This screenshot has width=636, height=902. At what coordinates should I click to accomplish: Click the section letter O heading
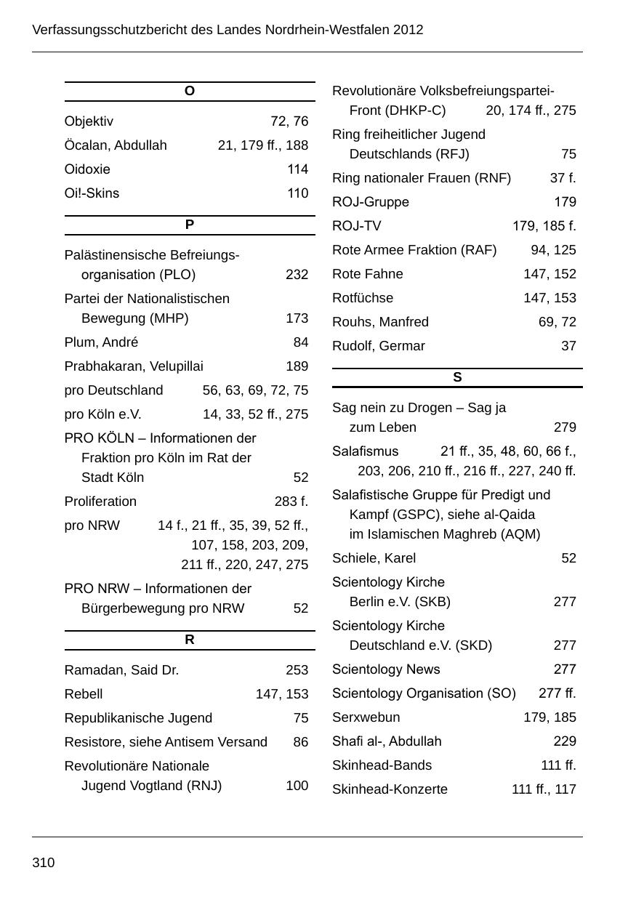pos(190,91)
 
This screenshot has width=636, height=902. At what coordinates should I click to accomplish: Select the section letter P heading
pos(190,225)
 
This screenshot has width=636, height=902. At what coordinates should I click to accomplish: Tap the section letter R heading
pos(190,640)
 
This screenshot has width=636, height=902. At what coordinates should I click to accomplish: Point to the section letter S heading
pos(457,377)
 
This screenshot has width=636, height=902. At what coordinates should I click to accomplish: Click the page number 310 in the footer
pos(44,863)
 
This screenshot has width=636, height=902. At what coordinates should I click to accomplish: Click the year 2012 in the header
pos(408,30)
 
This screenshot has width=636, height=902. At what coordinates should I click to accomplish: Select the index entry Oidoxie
pos(87,169)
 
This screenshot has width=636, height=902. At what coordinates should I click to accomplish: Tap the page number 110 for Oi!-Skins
pos(297,193)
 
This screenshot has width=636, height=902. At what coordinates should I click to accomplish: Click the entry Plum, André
pos(101,342)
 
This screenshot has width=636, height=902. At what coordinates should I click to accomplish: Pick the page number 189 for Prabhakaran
pos(297,366)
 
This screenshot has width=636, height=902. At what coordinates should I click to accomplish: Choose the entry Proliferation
pos(100,502)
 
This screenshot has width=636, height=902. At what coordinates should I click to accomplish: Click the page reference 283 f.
pos(291,502)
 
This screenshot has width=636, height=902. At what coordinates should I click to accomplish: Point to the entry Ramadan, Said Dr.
pos(121,670)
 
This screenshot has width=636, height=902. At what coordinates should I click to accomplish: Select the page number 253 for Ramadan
pos(297,670)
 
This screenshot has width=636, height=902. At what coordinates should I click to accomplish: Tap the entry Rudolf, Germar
pos(379,346)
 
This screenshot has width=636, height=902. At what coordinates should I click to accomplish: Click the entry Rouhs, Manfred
pos(380,322)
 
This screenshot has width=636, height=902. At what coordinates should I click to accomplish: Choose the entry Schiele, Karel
pos(374,558)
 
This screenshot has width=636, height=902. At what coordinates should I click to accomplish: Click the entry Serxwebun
pos(366,717)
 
